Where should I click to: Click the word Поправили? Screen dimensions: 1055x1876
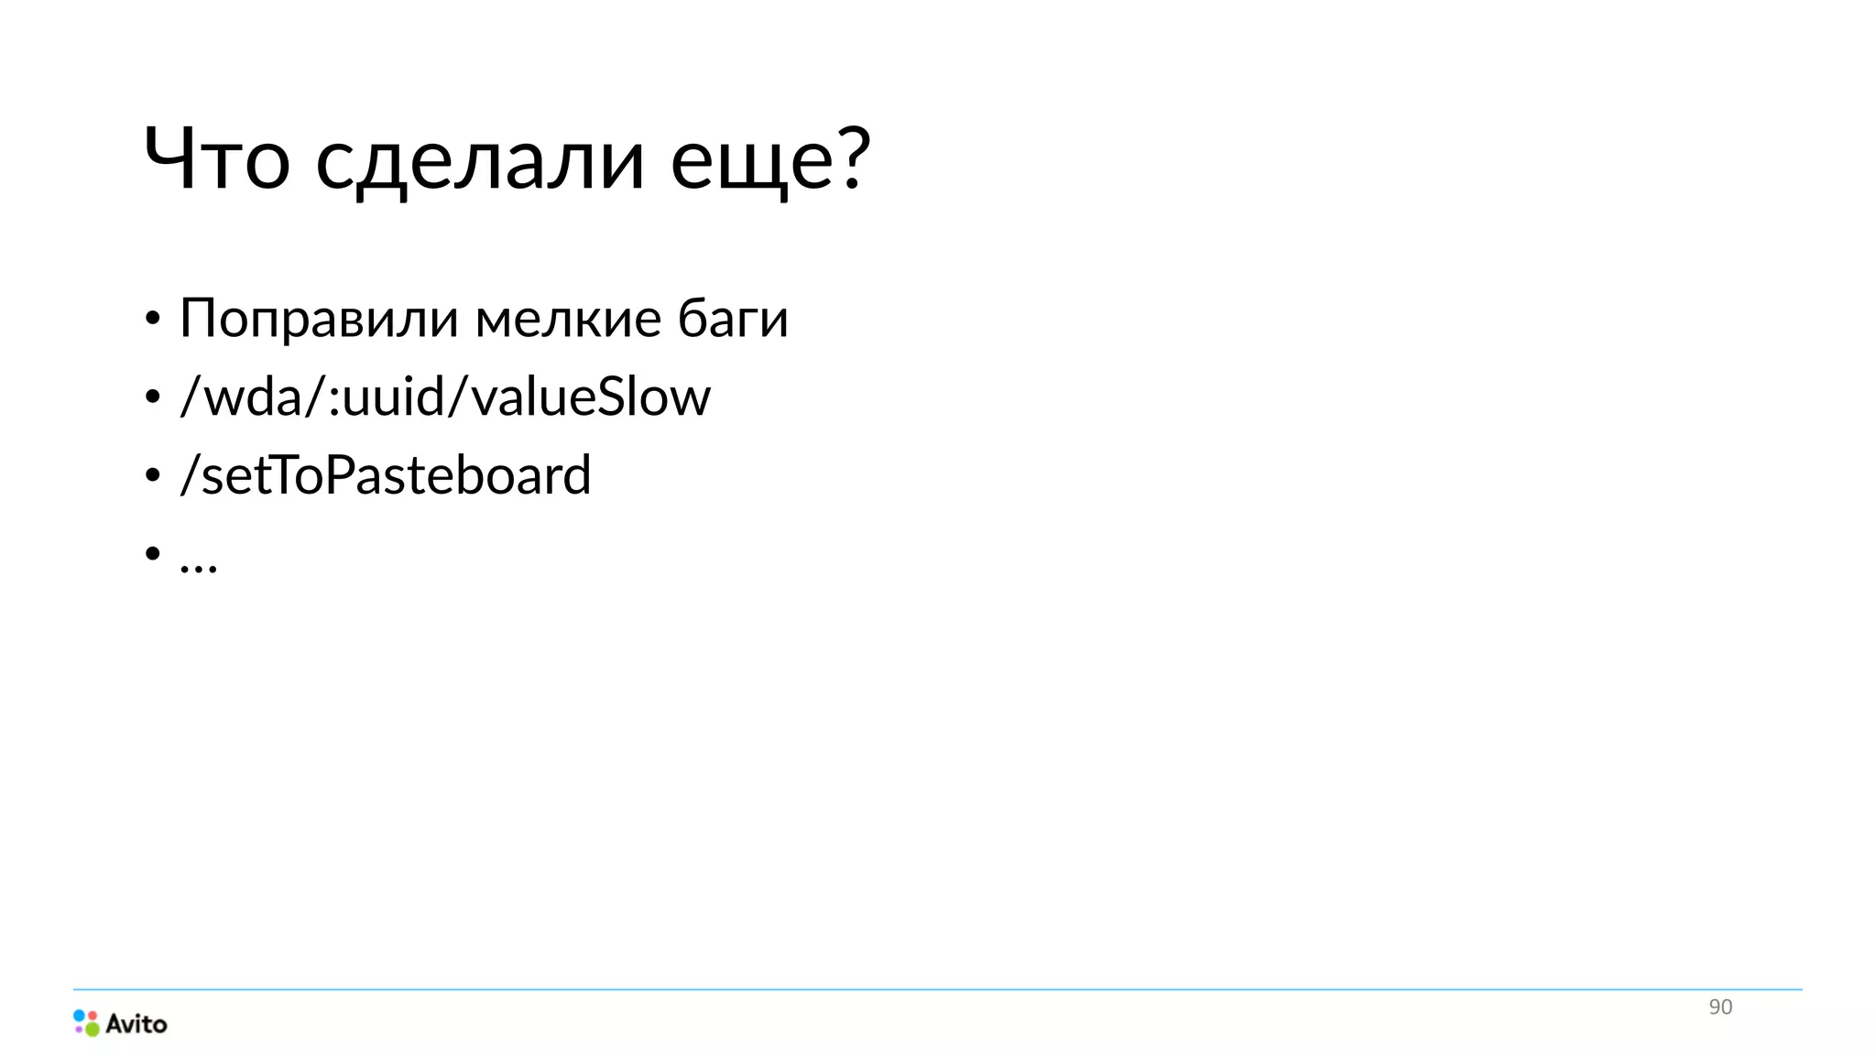pos(319,320)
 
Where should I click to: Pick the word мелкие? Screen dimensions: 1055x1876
pos(568,319)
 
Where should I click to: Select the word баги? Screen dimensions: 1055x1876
pos(733,320)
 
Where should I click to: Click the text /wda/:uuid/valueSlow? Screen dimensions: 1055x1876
pos(445,397)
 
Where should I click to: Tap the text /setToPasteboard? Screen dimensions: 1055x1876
pos(386,475)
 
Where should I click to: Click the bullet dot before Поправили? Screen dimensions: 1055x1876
pos(153,319)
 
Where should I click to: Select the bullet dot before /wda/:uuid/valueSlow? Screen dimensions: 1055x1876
pos(153,397)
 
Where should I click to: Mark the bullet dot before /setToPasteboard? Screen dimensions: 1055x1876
pos(153,475)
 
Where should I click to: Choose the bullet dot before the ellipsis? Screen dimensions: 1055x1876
pos(153,553)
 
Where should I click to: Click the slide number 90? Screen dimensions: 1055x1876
pos(1720,1007)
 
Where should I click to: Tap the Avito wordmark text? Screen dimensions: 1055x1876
pos(136,1024)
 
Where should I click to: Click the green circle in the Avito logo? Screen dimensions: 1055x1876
pos(93,1029)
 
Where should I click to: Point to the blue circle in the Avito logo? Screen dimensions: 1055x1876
pos(80,1016)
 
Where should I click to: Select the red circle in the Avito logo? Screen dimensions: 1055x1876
pos(92,1015)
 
